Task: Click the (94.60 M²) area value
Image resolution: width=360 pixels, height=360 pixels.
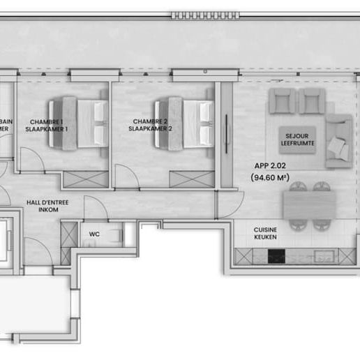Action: pos(269,178)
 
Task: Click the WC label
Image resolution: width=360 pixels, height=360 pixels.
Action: pos(93,234)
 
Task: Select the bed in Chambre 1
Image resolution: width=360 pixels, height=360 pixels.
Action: pos(77,123)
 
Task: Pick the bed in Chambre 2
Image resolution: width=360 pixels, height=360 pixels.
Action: pos(183,123)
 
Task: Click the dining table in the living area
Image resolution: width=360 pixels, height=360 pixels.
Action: pos(309,204)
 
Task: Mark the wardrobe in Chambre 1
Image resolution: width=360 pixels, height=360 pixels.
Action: pos(85,179)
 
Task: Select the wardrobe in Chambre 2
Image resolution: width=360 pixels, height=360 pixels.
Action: pos(191,179)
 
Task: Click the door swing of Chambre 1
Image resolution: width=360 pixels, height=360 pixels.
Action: pos(31,161)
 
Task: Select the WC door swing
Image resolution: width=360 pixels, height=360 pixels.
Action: pos(95,208)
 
